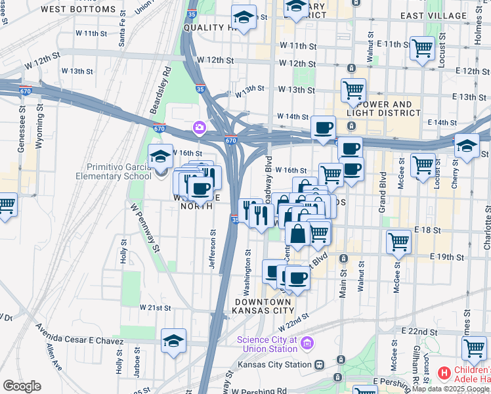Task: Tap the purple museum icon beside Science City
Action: pyautogui.click(x=308, y=343)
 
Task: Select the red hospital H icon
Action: pyautogui.click(x=444, y=373)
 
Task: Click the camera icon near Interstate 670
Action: pyautogui.click(x=199, y=127)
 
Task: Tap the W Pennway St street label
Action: pyautogui.click(x=145, y=227)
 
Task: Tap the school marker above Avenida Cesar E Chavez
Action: pyautogui.click(x=174, y=340)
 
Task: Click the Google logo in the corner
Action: pyautogui.click(x=22, y=386)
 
